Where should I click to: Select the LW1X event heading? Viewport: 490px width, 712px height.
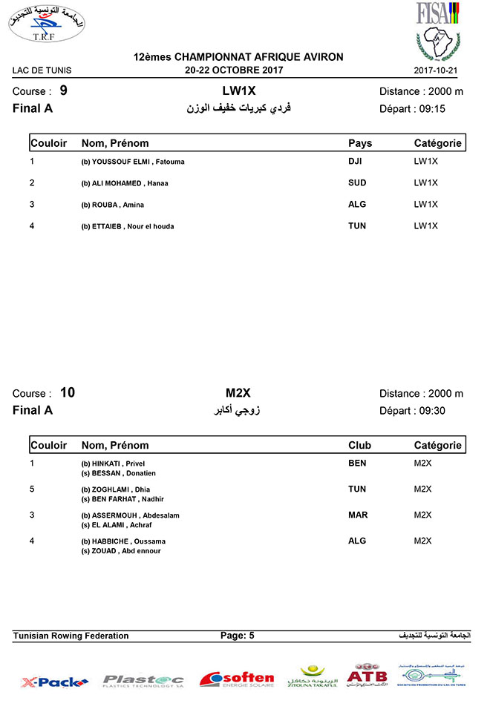tap(238, 90)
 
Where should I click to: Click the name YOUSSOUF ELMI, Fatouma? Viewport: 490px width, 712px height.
tap(133, 162)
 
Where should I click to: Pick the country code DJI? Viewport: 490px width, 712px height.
tap(356, 161)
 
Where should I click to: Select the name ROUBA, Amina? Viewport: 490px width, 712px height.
tap(112, 205)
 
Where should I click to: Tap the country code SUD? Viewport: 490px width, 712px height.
tap(357, 182)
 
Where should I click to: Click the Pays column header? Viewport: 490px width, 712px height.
tap(360, 143)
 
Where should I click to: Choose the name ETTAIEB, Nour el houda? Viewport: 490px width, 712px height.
tap(128, 226)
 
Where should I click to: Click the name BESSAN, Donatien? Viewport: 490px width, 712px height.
tap(118, 472)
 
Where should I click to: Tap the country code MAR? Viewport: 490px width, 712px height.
tap(358, 515)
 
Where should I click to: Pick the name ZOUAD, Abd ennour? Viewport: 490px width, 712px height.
tap(121, 551)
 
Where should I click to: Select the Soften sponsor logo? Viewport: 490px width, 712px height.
tap(237, 679)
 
